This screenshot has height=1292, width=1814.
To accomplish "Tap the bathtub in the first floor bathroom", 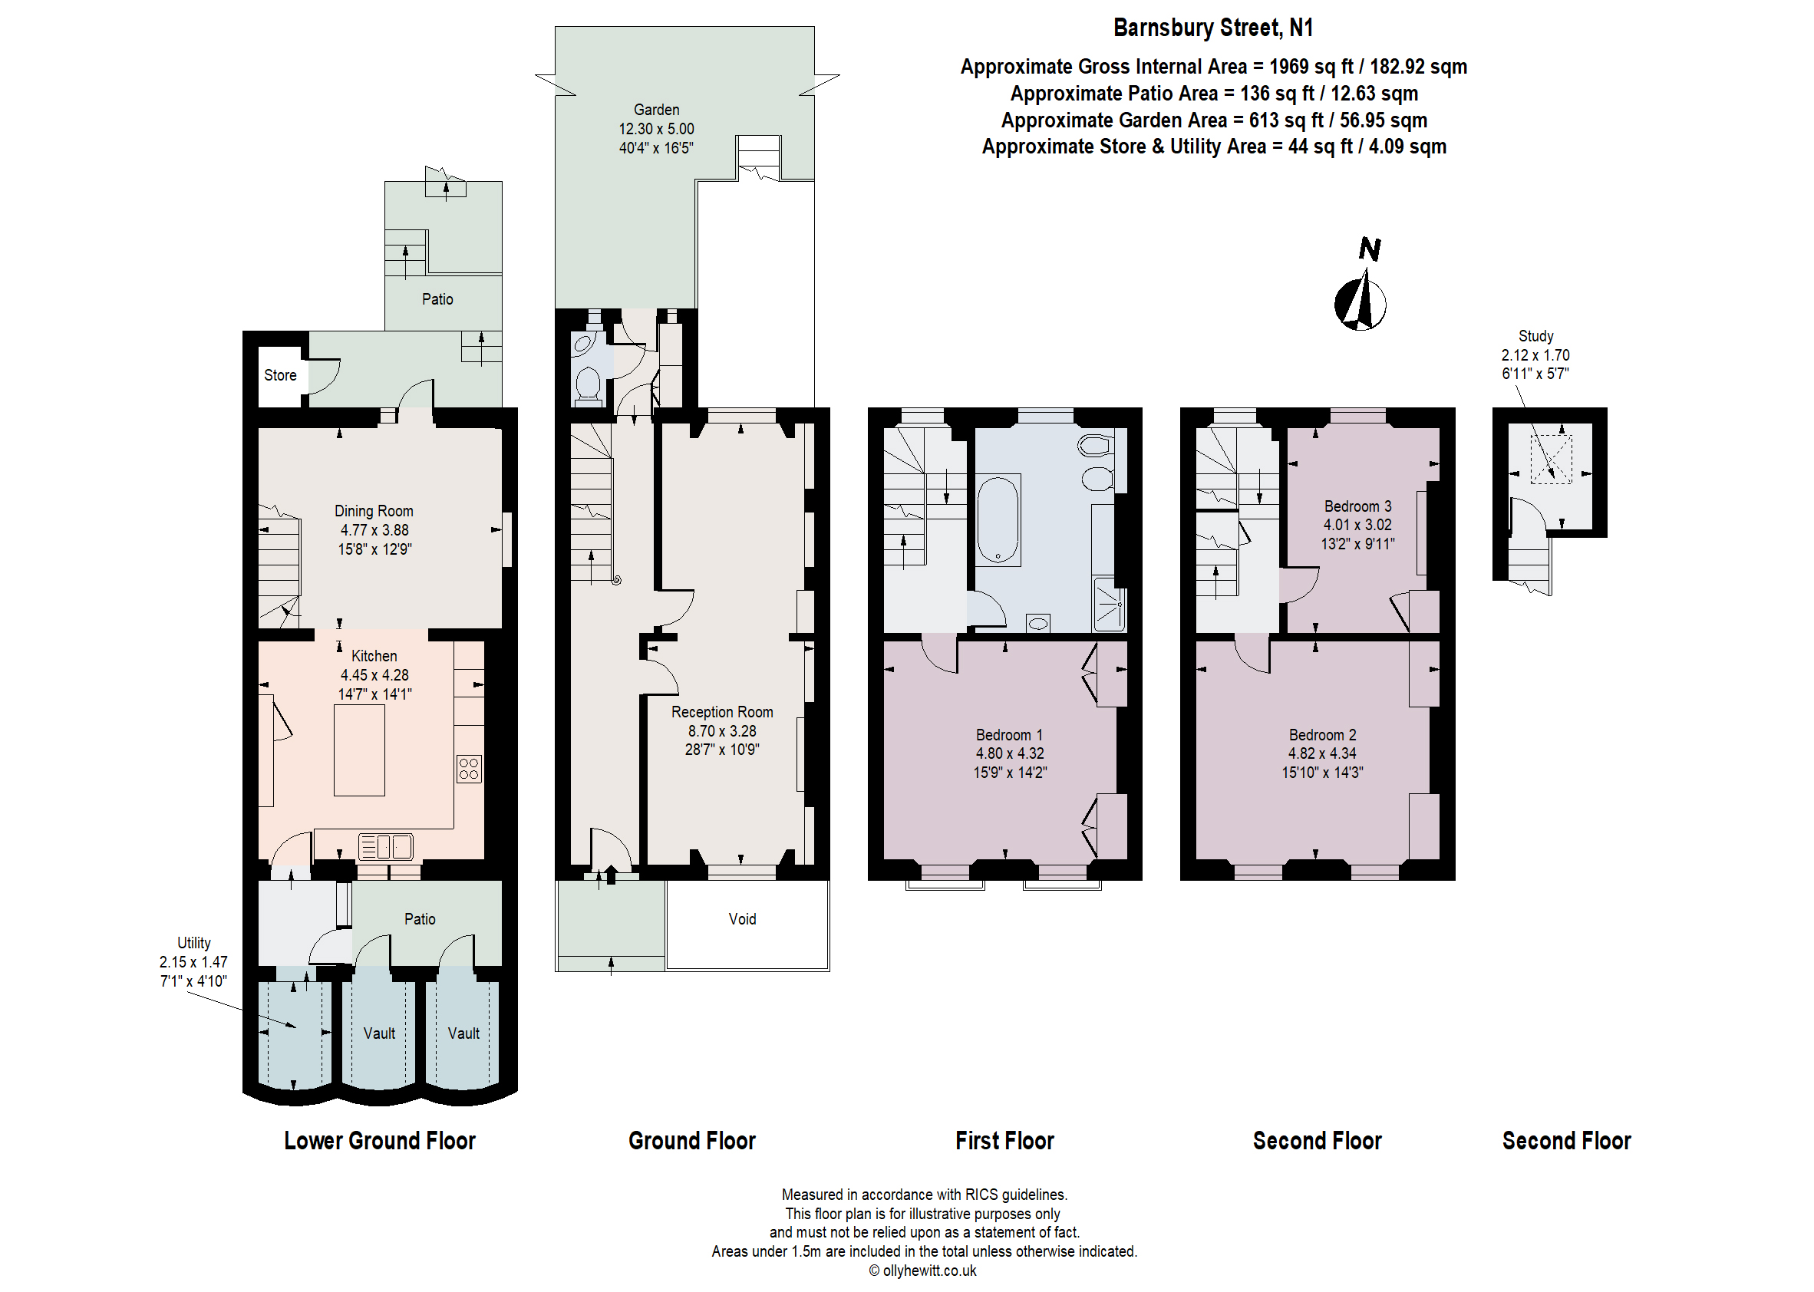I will (x=998, y=520).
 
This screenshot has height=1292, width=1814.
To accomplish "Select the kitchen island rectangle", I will (x=359, y=750).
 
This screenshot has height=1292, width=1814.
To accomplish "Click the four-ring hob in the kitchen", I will (x=469, y=769).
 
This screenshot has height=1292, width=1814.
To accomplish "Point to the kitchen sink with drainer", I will (x=385, y=846).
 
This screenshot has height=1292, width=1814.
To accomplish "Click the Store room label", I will (x=280, y=374).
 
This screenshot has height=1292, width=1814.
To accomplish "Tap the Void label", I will (x=741, y=919).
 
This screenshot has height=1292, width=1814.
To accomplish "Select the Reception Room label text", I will (x=721, y=712).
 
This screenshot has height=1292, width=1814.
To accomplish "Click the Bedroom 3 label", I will (x=1357, y=506).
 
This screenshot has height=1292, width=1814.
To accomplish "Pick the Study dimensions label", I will (x=1535, y=354).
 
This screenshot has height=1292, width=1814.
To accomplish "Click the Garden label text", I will (x=656, y=110).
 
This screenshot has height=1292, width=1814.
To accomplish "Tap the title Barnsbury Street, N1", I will (x=1212, y=28).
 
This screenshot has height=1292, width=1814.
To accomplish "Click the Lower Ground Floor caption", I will (x=380, y=1140).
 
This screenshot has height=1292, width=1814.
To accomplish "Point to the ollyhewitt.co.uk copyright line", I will (x=922, y=1271).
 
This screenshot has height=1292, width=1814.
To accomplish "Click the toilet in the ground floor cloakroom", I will (x=588, y=384).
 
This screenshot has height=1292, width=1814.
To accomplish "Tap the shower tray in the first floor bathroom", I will (x=1109, y=605).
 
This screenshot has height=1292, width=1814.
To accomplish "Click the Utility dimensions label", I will (x=193, y=962).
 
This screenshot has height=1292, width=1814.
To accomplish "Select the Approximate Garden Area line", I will (x=1213, y=120).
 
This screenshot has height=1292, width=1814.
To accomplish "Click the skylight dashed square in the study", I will (x=1551, y=459).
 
